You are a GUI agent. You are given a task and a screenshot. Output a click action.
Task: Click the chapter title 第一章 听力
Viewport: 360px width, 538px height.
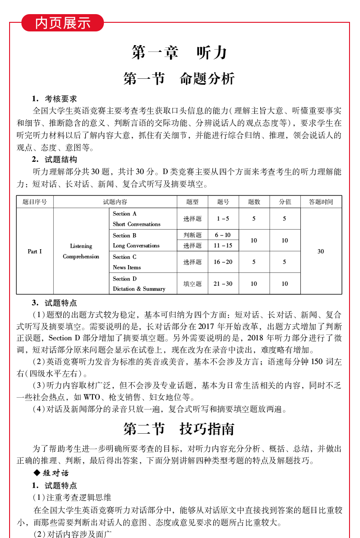(179, 53)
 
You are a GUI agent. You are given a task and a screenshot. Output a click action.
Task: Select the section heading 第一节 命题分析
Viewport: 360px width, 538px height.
(179, 79)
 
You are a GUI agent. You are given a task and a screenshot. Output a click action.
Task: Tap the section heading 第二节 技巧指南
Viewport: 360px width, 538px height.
(179, 429)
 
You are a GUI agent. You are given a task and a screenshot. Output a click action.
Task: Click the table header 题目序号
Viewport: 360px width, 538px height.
(35, 202)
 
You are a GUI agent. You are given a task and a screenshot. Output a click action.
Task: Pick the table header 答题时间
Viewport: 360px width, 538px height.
(321, 202)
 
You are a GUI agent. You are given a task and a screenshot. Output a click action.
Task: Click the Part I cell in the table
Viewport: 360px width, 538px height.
(35, 251)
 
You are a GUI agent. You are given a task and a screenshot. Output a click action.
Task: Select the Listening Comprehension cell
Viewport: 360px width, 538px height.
(81, 251)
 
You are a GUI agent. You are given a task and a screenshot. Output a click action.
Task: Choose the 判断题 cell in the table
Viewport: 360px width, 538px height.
(192, 235)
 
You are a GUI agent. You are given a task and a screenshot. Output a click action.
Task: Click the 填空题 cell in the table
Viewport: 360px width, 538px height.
(192, 284)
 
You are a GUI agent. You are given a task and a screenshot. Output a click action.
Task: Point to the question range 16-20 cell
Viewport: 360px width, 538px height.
(223, 262)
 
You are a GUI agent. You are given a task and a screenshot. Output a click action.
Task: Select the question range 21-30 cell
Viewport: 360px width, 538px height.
(223, 284)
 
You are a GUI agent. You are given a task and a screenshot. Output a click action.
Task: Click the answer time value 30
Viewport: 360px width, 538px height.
(321, 251)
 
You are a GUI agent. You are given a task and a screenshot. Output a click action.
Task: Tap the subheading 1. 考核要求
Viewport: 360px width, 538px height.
(54, 99)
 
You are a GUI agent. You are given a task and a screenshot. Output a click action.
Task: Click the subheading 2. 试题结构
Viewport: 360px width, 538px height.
(54, 159)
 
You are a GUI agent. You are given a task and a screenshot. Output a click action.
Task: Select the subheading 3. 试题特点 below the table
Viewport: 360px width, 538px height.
(54, 303)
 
